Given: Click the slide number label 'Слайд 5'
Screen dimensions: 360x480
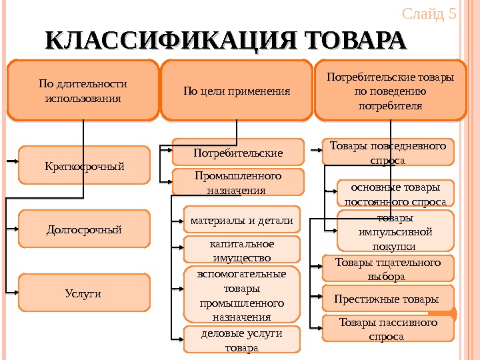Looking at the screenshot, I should point(429,14).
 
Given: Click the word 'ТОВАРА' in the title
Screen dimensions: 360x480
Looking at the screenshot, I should point(354,41).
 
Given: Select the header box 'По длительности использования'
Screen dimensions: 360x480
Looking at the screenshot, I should point(83,91).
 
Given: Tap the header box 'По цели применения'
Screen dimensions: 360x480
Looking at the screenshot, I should point(237,91).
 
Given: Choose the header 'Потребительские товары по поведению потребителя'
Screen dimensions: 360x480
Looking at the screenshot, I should point(390,91).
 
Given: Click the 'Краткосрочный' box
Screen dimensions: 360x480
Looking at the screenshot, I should point(84,165).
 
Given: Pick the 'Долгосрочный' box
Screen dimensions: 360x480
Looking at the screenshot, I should point(84,229).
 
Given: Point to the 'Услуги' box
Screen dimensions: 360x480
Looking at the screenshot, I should point(84,293).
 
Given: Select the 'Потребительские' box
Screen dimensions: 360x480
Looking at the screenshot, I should point(238,153).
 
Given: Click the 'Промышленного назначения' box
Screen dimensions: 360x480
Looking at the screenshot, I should point(238,182).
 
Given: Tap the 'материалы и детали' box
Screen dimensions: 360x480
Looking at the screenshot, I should point(241,220).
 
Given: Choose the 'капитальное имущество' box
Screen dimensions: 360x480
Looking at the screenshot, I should point(241,249).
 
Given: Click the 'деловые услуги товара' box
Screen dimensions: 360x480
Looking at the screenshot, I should point(241,339).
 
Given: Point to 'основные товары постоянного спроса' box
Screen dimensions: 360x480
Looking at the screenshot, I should point(395,193).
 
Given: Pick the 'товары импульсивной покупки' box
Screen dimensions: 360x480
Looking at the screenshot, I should point(395,231).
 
